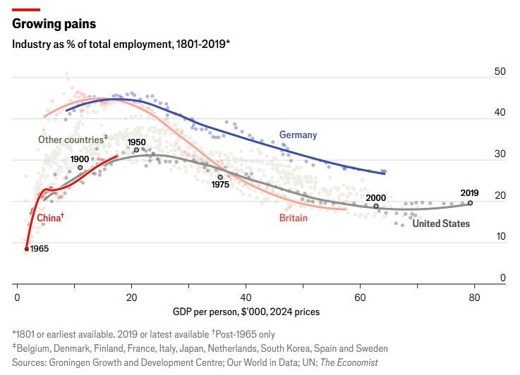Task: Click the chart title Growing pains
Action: [54, 24]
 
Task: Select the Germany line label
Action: [298, 135]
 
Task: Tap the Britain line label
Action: [293, 218]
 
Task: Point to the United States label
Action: [441, 223]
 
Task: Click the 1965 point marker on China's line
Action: [27, 248]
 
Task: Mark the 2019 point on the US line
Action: [470, 203]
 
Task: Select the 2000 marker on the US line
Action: [375, 207]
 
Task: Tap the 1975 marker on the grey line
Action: [220, 178]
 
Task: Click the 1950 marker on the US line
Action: [136, 150]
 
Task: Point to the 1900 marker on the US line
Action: [80, 168]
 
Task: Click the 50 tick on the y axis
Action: [500, 72]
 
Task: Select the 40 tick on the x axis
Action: [246, 297]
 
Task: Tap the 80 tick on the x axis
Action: [474, 297]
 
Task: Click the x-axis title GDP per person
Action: [246, 311]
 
